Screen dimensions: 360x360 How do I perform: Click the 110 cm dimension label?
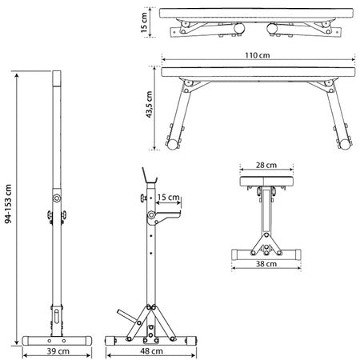tap(258, 55)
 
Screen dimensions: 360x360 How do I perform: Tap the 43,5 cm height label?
tap(149, 104)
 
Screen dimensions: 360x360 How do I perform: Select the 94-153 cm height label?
tap(8, 204)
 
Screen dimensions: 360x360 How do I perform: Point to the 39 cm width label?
tap(58, 351)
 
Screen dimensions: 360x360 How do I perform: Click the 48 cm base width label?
tap(151, 351)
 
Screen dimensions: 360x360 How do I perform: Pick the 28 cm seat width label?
tap(266, 165)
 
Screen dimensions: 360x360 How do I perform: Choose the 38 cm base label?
tap(266, 264)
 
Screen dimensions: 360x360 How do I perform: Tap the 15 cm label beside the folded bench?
tap(144, 22)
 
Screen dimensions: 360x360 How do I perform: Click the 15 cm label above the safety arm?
tap(168, 198)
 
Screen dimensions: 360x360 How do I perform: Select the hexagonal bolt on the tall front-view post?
tap(57, 198)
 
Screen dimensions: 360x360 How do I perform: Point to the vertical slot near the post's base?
tap(56, 317)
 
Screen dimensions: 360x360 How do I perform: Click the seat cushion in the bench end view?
tap(266, 182)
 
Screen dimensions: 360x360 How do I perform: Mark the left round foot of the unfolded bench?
tap(173, 144)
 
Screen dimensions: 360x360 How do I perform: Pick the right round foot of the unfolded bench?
tap(345, 144)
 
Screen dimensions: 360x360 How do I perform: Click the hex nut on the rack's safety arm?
tap(151, 214)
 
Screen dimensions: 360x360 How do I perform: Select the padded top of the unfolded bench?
tap(258, 72)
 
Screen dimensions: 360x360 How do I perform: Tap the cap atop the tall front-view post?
tap(57, 78)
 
